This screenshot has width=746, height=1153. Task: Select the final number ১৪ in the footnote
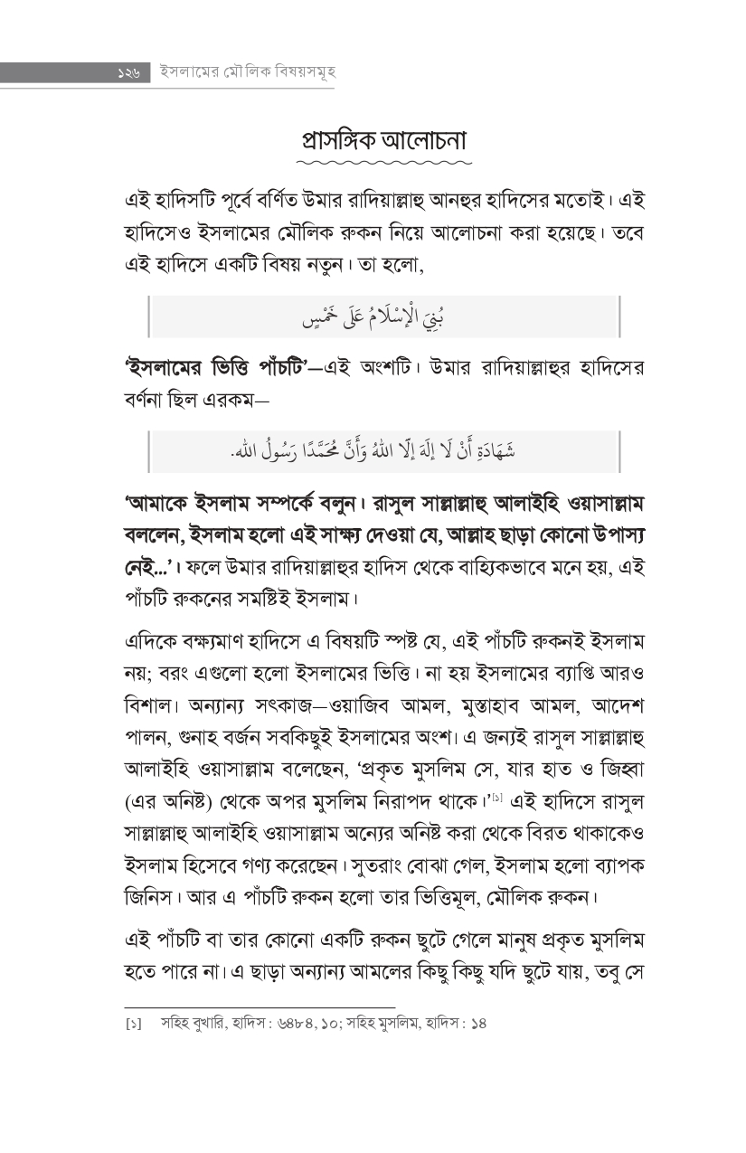point(478,1025)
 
